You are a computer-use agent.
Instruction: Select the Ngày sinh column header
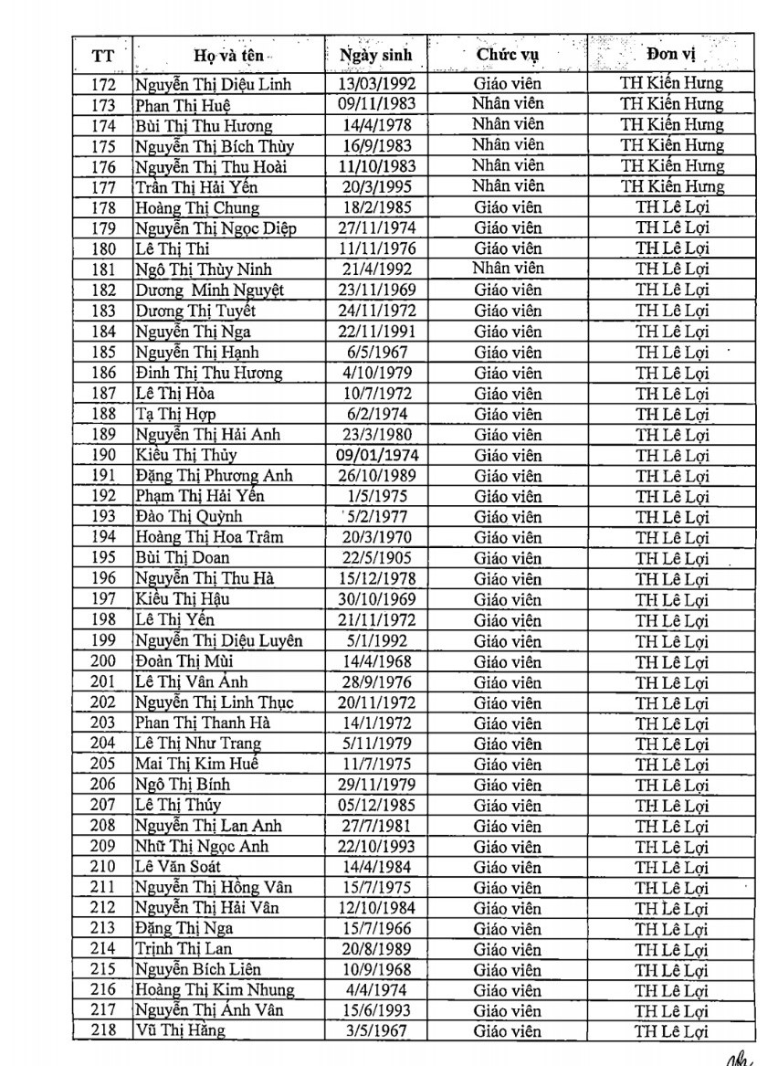tap(375, 55)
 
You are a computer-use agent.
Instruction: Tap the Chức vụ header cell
tap(508, 54)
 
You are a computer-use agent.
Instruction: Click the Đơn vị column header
tap(671, 54)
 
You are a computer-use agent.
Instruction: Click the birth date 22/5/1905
tap(375, 557)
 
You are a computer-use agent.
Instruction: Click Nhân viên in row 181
tap(508, 269)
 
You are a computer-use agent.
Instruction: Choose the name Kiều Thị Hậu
tap(182, 599)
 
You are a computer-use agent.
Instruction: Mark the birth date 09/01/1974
tap(375, 455)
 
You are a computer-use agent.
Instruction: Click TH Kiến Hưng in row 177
tap(672, 186)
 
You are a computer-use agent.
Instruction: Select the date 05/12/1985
tap(375, 805)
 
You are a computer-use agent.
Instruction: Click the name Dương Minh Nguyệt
tap(210, 290)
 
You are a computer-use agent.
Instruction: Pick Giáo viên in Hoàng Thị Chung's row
tap(508, 206)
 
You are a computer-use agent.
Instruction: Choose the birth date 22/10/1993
tap(375, 846)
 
